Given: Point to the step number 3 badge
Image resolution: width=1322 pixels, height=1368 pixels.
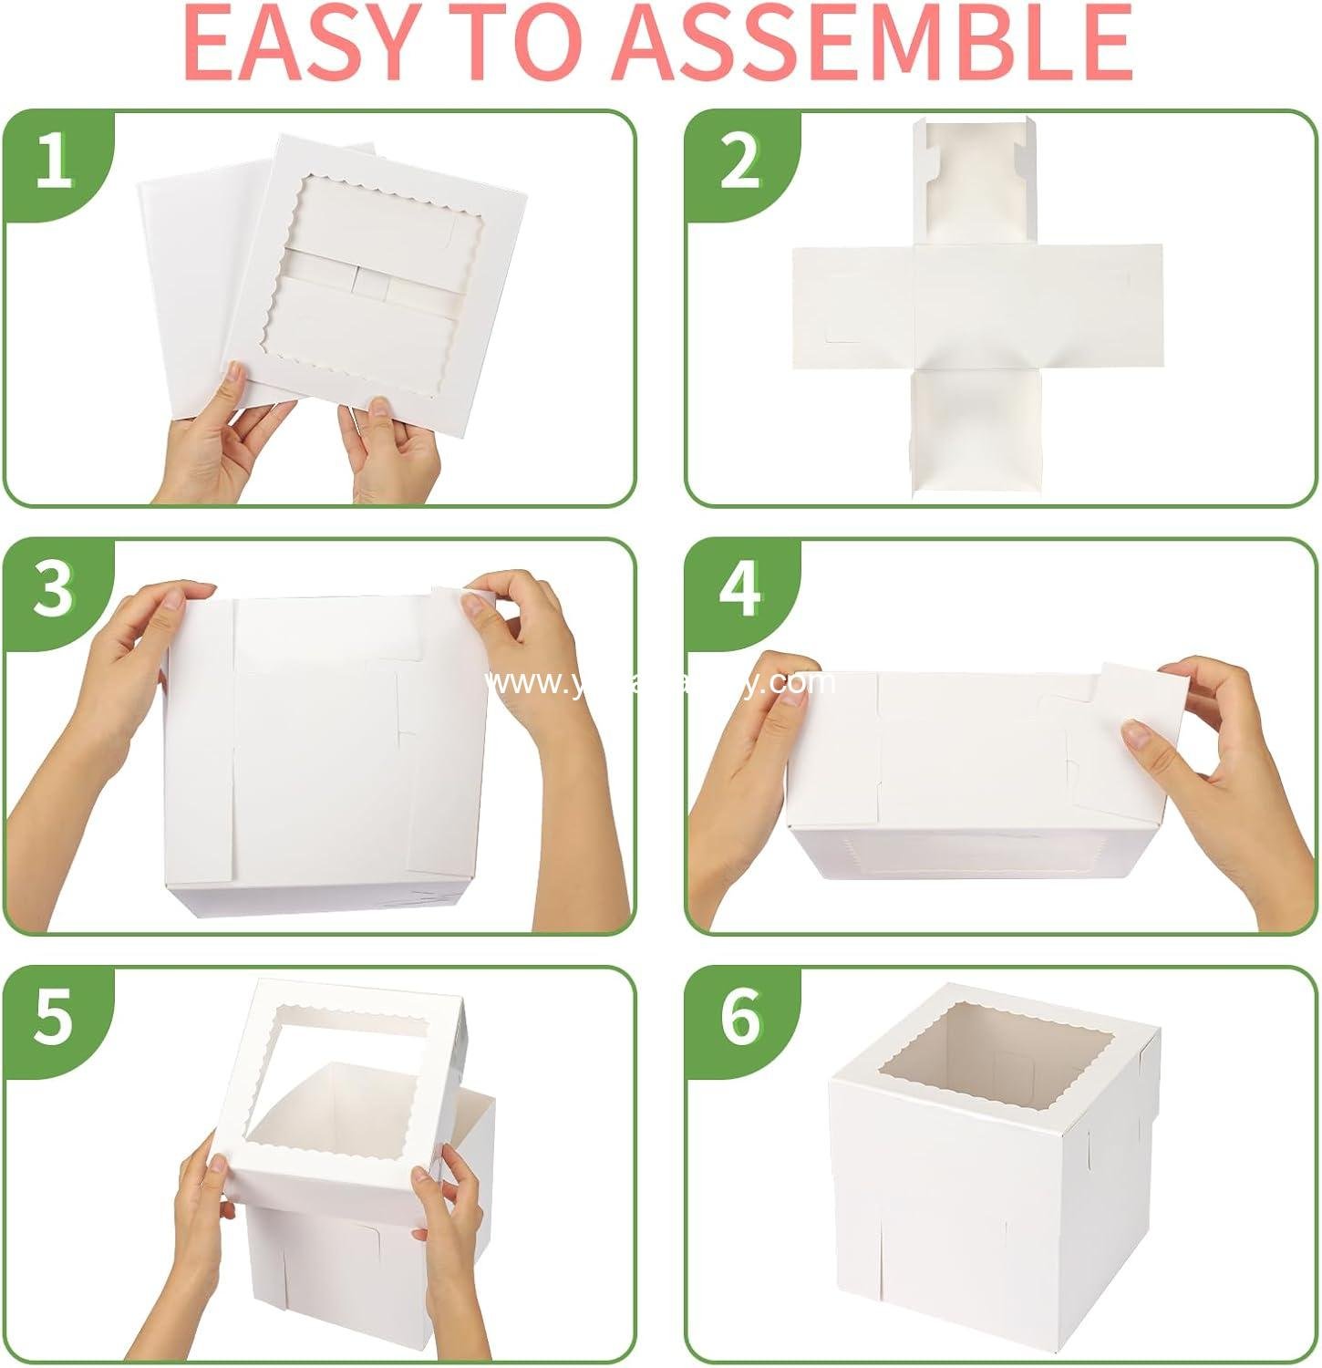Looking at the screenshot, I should (x=54, y=589).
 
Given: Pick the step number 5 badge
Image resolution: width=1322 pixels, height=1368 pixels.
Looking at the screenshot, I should (x=54, y=1017).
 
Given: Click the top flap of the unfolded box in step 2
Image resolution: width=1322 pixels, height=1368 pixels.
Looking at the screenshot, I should (x=976, y=182).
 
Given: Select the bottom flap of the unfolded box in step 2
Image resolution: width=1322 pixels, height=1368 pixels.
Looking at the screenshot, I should (x=976, y=429).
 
